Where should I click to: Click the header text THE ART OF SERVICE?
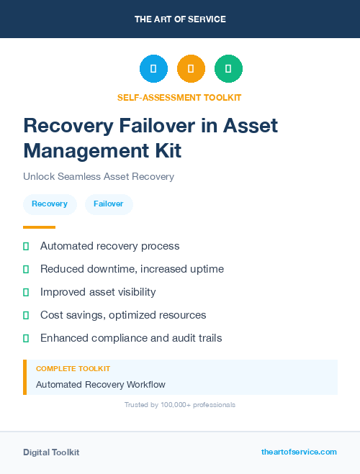pyautogui.click(x=180, y=19)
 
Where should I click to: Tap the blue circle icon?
pyautogui.click(x=153, y=68)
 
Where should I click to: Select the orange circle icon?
pyautogui.click(x=191, y=68)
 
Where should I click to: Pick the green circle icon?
pyautogui.click(x=228, y=68)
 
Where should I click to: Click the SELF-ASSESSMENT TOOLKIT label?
pyautogui.click(x=179, y=97)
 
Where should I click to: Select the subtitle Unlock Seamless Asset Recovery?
pyautogui.click(x=99, y=176)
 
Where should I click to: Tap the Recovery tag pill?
pyautogui.click(x=50, y=204)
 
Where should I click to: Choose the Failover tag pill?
pyautogui.click(x=109, y=204)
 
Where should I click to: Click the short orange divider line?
pyautogui.click(x=39, y=227)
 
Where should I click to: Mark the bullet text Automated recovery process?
pyautogui.click(x=109, y=246)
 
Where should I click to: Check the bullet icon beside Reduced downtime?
pyautogui.click(x=26, y=269)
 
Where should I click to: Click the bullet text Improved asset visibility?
pyautogui.click(x=98, y=292)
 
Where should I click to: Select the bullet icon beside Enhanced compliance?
pyautogui.click(x=26, y=338)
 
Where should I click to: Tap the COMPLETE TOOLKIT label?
pyautogui.click(x=73, y=369)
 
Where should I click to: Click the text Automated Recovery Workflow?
pyautogui.click(x=101, y=385)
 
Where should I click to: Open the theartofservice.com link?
pyautogui.click(x=299, y=452)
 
